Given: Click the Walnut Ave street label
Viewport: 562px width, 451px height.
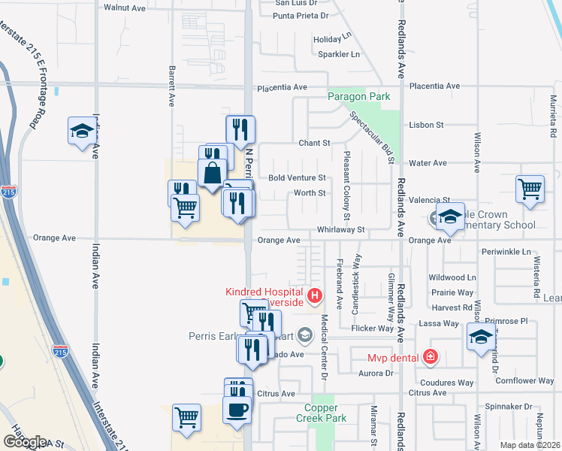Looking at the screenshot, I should [x=124, y=8].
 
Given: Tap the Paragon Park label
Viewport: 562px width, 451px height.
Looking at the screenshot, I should [x=358, y=97].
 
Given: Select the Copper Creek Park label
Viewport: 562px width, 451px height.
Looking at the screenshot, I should [x=325, y=413].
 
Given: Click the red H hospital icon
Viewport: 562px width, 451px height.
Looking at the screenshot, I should [x=315, y=295].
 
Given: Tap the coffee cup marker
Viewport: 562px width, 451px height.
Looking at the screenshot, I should [x=237, y=410].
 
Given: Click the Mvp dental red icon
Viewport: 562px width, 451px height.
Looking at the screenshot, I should [x=431, y=357].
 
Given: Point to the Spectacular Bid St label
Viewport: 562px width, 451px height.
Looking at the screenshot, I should [x=373, y=138].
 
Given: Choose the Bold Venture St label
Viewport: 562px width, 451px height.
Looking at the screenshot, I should [x=297, y=178].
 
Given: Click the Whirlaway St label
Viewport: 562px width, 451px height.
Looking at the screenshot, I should [x=340, y=230].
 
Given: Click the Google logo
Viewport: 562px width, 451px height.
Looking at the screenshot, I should [x=25, y=441].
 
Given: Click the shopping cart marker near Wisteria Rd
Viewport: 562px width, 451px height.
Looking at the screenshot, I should [x=530, y=189].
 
